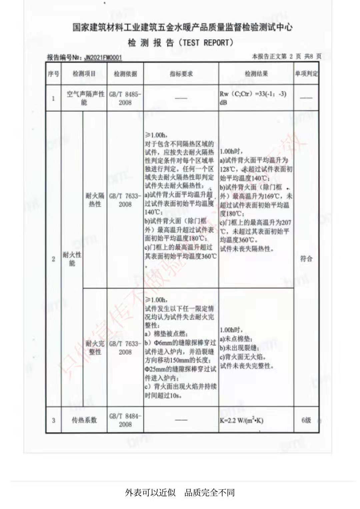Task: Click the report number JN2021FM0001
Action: [103, 58]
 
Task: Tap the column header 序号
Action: [53, 74]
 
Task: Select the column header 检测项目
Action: [84, 74]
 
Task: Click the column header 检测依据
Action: [125, 74]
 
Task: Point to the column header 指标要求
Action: [181, 74]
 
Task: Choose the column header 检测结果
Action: [256, 74]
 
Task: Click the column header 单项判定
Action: [306, 74]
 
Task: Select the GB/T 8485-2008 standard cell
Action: [125, 98]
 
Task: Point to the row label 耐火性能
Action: [72, 259]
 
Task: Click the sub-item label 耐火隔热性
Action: [95, 200]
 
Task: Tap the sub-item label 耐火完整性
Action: [95, 347]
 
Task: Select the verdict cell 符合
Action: [306, 259]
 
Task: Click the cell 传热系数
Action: [84, 420]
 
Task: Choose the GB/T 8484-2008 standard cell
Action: [125, 420]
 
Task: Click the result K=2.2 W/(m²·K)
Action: [241, 420]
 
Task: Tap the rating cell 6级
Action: [306, 420]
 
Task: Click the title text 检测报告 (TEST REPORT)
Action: [180, 43]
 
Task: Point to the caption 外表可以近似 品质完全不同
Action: [180, 492]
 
